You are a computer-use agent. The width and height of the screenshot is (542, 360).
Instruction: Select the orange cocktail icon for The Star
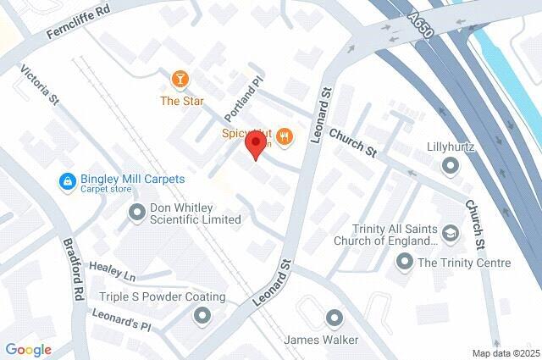coord(180,80)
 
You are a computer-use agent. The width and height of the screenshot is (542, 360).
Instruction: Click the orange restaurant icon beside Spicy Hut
coord(285,135)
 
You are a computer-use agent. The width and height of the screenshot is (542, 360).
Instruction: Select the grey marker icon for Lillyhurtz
coord(450,168)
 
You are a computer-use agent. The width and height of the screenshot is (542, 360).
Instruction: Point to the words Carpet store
coord(106,190)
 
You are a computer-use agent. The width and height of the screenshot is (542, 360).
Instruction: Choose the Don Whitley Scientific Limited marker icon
coord(136,213)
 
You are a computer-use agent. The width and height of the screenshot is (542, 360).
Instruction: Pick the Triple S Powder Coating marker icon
coord(202,317)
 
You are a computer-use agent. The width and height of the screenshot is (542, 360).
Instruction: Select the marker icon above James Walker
coord(333,318)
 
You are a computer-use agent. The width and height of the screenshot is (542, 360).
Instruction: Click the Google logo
coord(28,349)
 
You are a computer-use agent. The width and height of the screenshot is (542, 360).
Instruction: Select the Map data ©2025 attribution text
coord(505,352)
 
